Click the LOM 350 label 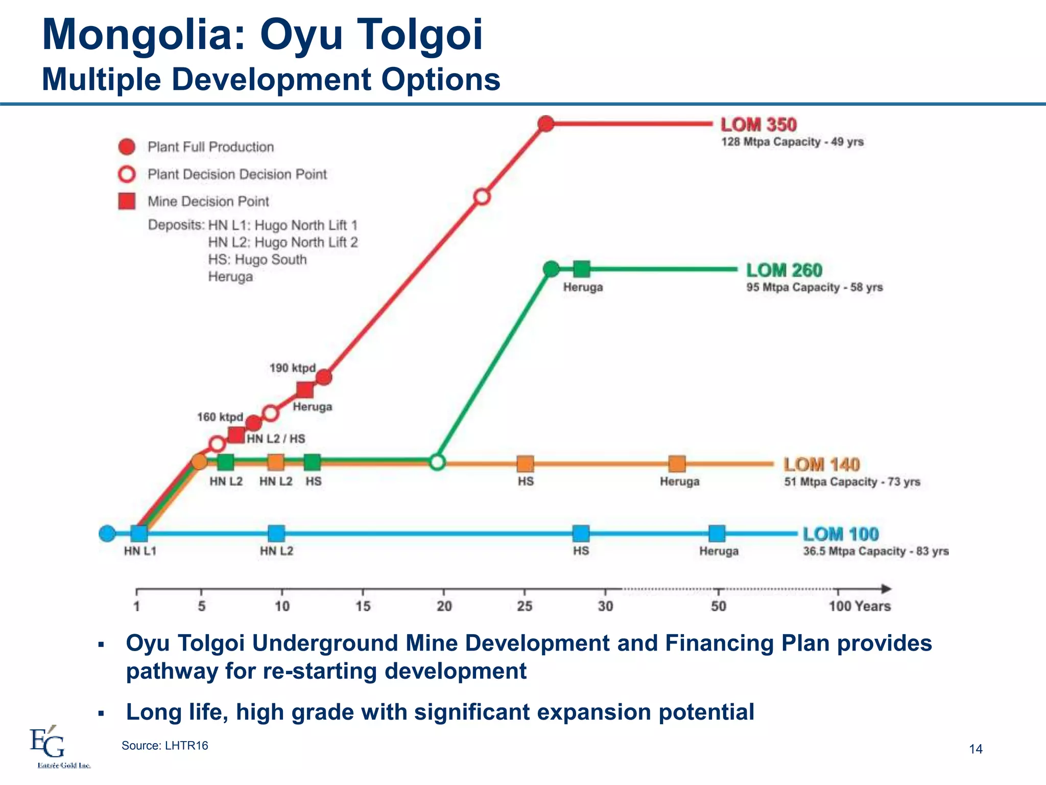point(758,125)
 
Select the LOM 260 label point(784,270)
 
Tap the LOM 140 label point(822,465)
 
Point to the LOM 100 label point(841,534)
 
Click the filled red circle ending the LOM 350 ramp point(546,124)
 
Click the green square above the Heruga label point(582,269)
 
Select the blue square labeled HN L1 point(139,534)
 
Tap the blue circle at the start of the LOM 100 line point(107,534)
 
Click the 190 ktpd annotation point(293,368)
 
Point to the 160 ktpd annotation point(220,417)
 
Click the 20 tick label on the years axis point(444,607)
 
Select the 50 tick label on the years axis point(718,607)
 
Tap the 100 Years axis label point(859,607)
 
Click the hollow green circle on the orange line point(437,463)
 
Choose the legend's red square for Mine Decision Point point(127,201)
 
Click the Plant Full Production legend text point(210,147)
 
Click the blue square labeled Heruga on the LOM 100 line point(717,534)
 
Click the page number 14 point(976,749)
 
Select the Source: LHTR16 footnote point(164,746)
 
